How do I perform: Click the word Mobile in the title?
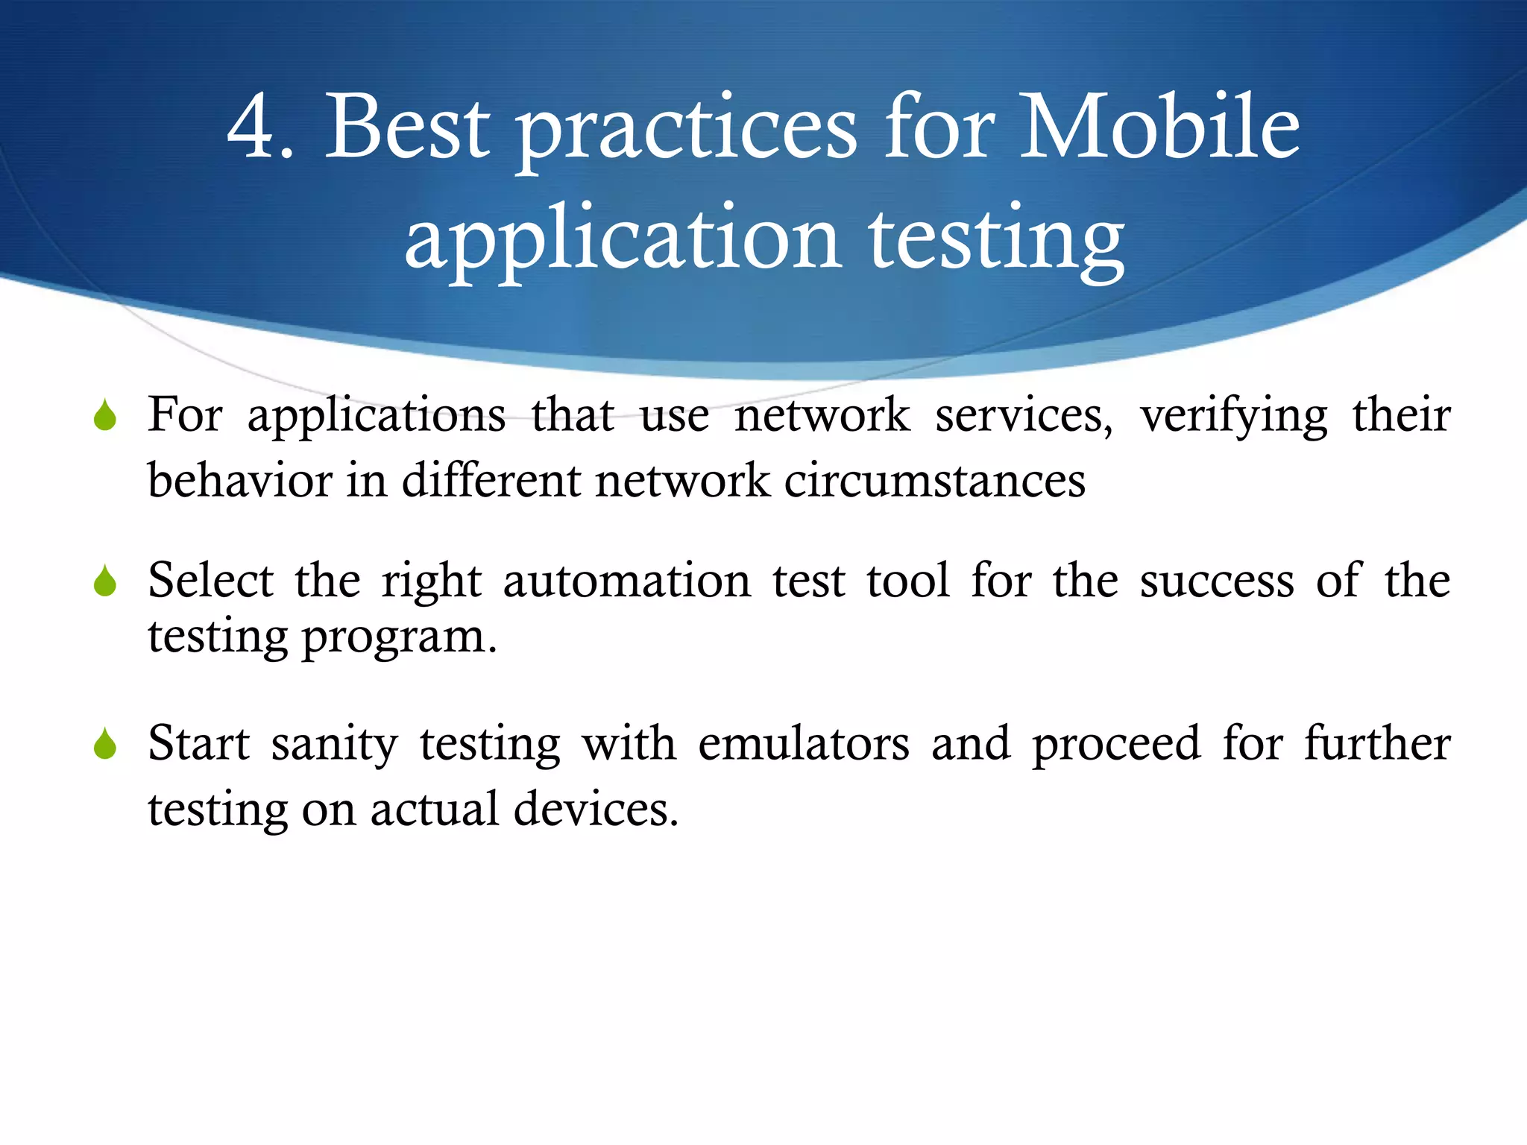click(x=1159, y=127)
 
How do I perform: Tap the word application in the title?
click(x=623, y=240)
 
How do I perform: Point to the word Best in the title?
click(x=408, y=127)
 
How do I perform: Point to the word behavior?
click(x=240, y=480)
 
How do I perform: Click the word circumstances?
click(x=934, y=480)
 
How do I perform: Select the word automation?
click(x=627, y=581)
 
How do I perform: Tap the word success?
click(x=1217, y=581)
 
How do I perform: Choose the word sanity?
click(x=335, y=745)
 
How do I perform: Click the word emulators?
click(x=804, y=744)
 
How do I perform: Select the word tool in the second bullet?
click(x=908, y=581)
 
